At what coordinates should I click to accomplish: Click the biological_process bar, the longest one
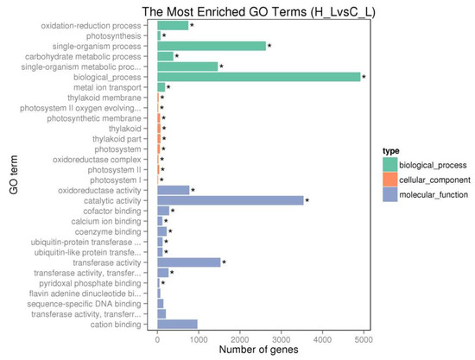tap(259, 77)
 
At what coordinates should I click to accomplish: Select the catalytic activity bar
tap(231, 200)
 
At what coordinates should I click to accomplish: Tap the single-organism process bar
tap(212, 46)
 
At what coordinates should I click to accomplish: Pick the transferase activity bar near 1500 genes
tap(189, 262)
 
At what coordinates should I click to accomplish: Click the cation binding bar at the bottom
tap(177, 324)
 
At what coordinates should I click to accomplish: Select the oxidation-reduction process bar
tap(173, 26)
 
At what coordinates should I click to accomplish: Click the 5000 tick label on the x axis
tap(364, 340)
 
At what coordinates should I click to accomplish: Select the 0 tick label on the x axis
tap(157, 340)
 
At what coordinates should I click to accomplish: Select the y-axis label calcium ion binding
tap(116, 221)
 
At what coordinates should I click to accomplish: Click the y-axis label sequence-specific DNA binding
tap(98, 303)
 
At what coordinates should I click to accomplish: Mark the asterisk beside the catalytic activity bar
tap(307, 201)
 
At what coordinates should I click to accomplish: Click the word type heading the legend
tap(393, 148)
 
